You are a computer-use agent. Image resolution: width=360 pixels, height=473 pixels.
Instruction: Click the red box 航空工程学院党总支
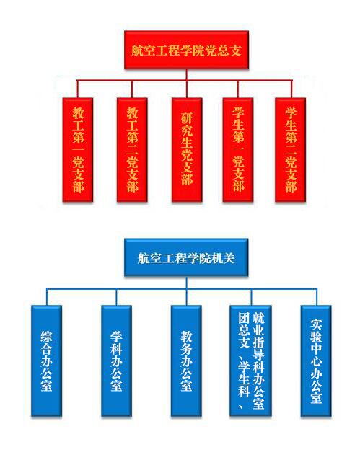point(186,50)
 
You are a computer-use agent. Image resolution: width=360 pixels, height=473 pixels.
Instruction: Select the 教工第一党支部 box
point(77,150)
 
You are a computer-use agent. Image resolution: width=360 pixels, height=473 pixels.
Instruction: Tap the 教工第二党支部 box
point(132,150)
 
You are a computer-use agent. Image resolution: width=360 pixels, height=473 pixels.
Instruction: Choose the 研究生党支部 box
point(186,150)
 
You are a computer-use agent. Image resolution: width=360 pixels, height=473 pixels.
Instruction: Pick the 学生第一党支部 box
point(238,150)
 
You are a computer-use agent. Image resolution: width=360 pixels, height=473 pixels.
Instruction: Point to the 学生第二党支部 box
point(290,150)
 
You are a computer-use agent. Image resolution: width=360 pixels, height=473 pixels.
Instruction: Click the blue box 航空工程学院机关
point(186,257)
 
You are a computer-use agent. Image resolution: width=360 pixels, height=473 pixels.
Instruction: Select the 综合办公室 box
point(46,361)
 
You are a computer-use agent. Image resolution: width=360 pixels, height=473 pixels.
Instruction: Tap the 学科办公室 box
point(116,361)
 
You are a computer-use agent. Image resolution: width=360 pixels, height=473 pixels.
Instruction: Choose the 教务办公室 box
point(186,361)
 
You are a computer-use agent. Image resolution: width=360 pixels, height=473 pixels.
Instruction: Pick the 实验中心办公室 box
point(316,361)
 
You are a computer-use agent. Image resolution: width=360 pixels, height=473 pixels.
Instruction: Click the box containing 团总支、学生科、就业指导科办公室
point(250,361)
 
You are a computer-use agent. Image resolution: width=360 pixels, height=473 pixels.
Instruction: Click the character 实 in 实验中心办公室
point(316,324)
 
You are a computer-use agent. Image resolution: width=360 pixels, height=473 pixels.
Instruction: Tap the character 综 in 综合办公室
point(46,336)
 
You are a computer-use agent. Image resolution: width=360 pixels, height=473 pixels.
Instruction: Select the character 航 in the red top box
point(137,50)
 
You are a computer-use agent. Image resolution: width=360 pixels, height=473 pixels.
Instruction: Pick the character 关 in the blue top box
point(229,258)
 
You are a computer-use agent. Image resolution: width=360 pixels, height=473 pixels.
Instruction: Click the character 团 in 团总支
point(244,318)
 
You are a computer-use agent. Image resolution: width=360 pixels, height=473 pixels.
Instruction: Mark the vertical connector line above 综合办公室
point(46,298)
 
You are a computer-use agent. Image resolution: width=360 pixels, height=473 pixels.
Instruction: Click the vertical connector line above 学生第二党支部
point(291,89)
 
